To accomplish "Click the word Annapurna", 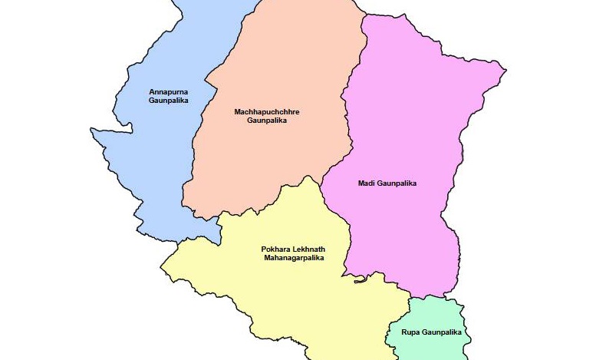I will pyautogui.click(x=168, y=92).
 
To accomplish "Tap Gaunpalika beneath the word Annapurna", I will pyautogui.click(x=168, y=101).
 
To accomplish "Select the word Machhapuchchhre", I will pyautogui.click(x=266, y=112).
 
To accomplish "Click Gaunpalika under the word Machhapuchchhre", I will pyautogui.click(x=266, y=121).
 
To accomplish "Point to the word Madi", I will pyautogui.click(x=365, y=183).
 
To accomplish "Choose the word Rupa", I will pyautogui.click(x=410, y=332).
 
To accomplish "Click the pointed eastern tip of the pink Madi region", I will pyautogui.click(x=505, y=71).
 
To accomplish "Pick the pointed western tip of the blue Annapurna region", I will pyautogui.click(x=91, y=130).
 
